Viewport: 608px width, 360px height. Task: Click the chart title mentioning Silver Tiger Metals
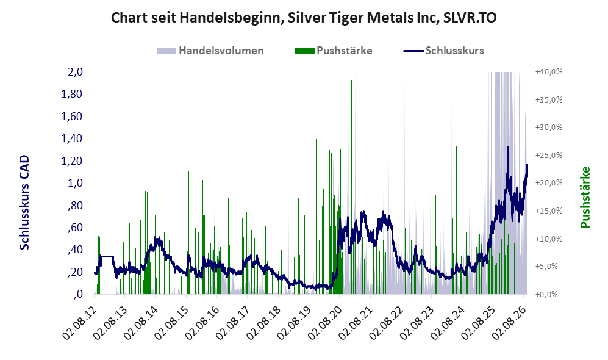click(304, 18)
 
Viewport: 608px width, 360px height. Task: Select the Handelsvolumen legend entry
click(210, 51)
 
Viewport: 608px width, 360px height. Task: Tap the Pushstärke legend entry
click(334, 51)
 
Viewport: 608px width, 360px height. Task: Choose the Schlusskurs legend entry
click(443, 51)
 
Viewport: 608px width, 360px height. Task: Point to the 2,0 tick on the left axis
click(75, 72)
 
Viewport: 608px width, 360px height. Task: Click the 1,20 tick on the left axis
click(72, 160)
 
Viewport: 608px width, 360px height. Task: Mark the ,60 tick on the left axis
click(75, 228)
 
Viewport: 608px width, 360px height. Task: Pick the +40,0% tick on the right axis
click(549, 72)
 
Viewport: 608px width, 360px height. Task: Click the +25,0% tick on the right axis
click(549, 155)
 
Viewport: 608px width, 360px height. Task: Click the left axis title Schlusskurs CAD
click(24, 203)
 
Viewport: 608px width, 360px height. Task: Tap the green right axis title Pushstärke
click(585, 197)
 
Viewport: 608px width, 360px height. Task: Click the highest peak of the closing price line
click(507, 147)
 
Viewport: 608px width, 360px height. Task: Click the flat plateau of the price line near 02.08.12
click(106, 256)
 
